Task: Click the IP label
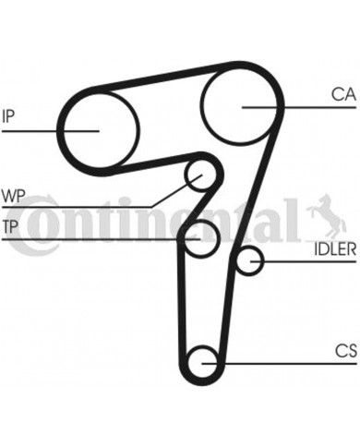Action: pos(9,115)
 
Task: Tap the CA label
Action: pos(342,92)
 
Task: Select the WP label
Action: pos(12,196)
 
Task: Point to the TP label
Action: pos(10,227)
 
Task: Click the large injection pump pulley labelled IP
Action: pos(98,129)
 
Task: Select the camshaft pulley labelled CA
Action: pos(242,104)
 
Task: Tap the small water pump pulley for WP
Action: pos(197,173)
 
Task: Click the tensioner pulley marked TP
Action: pos(200,238)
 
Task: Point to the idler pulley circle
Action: pos(247,263)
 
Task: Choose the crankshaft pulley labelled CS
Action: pos(203,362)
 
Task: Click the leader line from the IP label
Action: pos(46,130)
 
